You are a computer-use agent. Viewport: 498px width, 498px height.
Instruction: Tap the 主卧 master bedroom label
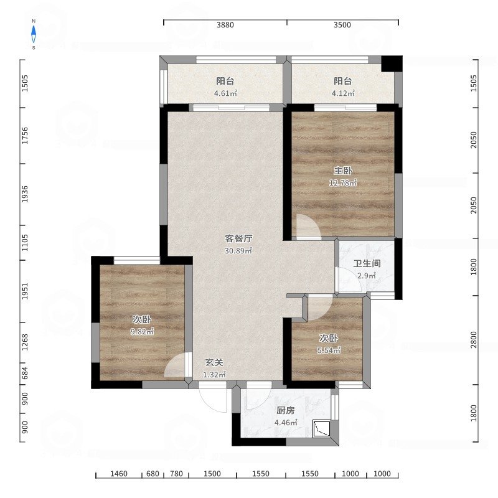[343, 171]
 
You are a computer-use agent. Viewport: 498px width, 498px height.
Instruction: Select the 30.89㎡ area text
[238, 251]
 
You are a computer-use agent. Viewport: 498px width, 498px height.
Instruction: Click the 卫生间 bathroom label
[367, 263]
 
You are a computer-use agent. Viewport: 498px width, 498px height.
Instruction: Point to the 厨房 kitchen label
[286, 410]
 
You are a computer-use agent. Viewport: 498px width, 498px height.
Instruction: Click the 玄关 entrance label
[214, 362]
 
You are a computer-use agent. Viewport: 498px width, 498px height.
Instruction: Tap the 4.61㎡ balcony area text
[225, 93]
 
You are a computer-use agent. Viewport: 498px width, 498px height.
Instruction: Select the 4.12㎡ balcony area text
[343, 93]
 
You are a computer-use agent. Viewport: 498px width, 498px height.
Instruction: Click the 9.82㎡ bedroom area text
[143, 332]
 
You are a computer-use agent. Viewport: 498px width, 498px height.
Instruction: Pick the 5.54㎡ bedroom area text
[329, 350]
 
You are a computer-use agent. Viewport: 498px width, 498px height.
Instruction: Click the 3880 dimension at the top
[225, 25]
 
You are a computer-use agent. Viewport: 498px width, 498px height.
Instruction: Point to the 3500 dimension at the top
[342, 25]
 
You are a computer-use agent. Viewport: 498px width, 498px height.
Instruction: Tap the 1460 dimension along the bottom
[119, 474]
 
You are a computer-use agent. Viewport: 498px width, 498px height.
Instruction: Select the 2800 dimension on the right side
[474, 339]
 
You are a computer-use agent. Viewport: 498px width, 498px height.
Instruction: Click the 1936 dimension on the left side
[25, 194]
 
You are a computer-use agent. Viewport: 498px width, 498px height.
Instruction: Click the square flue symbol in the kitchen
[322, 429]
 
